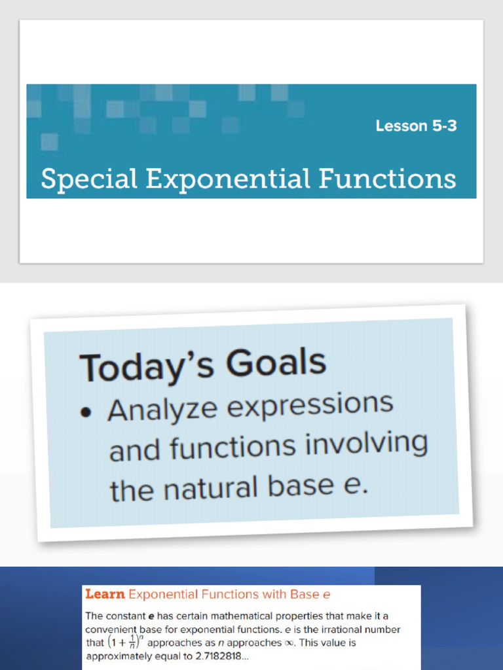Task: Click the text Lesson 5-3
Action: (416, 126)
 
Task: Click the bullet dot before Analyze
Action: (85, 412)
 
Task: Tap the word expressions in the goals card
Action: (309, 405)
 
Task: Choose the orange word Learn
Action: (105, 594)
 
